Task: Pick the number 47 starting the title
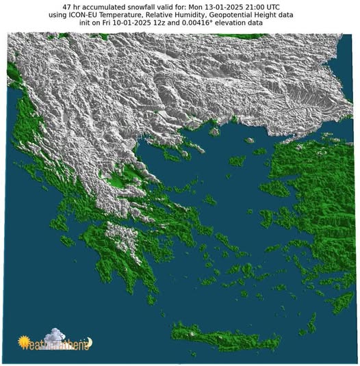point(67,6)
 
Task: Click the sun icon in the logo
point(25,340)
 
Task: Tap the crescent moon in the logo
point(88,342)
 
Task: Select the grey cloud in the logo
point(58,337)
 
